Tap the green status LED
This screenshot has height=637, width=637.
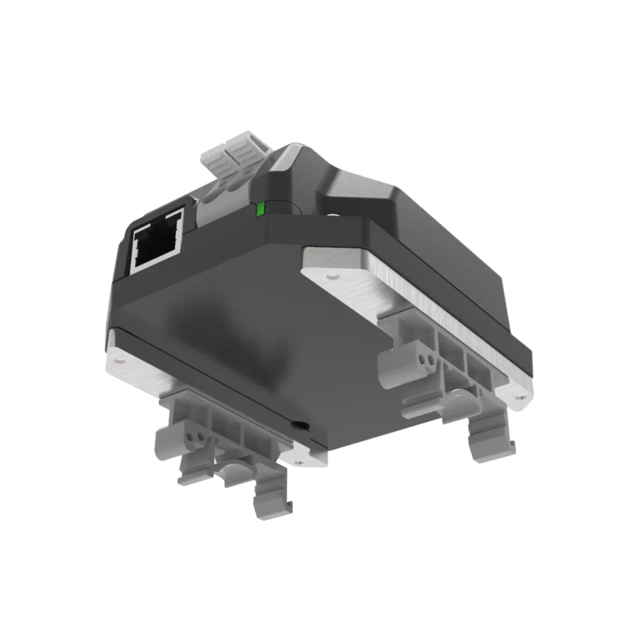click(x=259, y=210)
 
